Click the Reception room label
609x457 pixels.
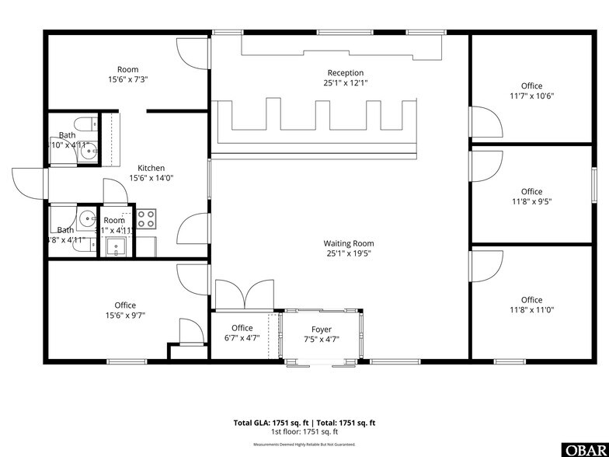click(x=345, y=73)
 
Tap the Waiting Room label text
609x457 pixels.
click(x=349, y=243)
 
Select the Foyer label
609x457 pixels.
click(x=322, y=329)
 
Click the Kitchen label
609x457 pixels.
click(x=151, y=168)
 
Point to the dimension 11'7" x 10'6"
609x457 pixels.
click(x=531, y=96)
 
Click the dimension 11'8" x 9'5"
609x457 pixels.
click(x=531, y=201)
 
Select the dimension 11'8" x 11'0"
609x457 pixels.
click(x=531, y=310)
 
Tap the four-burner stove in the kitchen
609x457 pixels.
click(x=147, y=218)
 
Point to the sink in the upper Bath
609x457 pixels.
click(x=86, y=151)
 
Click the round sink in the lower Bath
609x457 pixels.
click(x=87, y=218)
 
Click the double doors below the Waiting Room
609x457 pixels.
click(x=245, y=296)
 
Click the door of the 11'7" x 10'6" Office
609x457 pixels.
click(x=485, y=124)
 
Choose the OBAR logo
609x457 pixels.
click(x=586, y=449)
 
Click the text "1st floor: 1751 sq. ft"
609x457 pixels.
click(x=304, y=431)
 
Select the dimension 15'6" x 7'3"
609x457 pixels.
click(x=127, y=79)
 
